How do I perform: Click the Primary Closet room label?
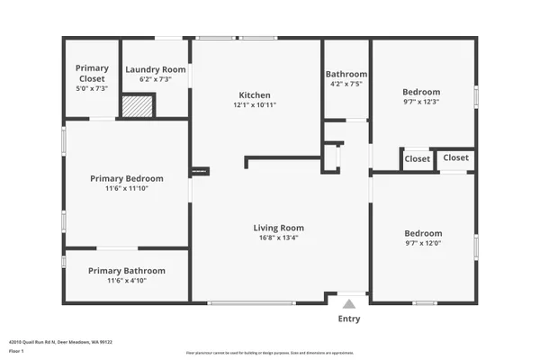tap(92, 73)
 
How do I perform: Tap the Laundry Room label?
tap(156, 69)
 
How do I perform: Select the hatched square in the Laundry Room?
tap(138, 106)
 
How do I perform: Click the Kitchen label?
tap(254, 95)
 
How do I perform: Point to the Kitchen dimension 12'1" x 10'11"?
tap(254, 105)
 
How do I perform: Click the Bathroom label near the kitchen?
tap(346, 74)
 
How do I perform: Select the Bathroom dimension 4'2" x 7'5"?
tap(346, 84)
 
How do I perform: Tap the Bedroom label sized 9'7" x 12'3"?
tap(421, 92)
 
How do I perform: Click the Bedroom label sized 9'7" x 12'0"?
tap(422, 232)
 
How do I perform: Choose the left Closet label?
tap(417, 158)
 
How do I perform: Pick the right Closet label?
tap(455, 157)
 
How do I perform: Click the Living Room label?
tap(278, 228)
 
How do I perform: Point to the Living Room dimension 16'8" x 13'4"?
tap(278, 238)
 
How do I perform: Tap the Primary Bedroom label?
tap(125, 178)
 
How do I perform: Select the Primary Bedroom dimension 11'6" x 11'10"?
tap(125, 189)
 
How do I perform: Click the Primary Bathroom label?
tap(126, 271)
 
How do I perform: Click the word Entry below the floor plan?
tap(349, 319)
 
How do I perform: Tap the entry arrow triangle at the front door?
tap(349, 303)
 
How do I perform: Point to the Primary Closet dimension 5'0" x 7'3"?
tap(92, 88)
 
